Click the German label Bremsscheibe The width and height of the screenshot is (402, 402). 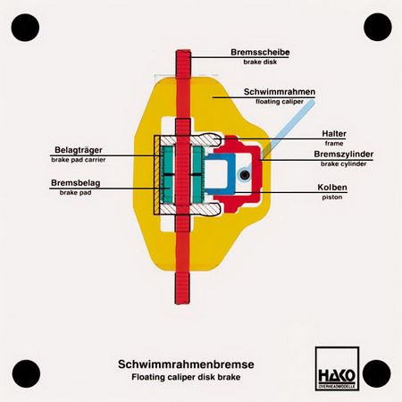(x=260, y=52)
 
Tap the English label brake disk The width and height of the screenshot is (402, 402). (x=260, y=62)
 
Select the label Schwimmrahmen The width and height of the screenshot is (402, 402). (x=280, y=92)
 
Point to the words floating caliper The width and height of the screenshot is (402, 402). (x=280, y=102)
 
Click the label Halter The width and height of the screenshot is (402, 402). (x=334, y=134)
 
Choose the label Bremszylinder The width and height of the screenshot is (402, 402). (x=344, y=155)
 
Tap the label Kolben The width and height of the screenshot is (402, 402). (x=332, y=188)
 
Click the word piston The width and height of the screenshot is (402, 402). (x=332, y=197)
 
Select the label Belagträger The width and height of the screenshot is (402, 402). (x=79, y=150)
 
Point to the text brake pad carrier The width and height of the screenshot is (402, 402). (x=79, y=160)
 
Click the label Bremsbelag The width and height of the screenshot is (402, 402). (x=75, y=182)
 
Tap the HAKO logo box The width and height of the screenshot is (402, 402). (x=337, y=368)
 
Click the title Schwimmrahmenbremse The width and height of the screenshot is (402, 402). (x=186, y=364)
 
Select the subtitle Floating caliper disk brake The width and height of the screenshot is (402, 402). (x=186, y=377)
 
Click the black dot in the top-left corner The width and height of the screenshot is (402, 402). (x=25, y=28)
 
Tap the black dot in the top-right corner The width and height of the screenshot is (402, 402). (x=378, y=27)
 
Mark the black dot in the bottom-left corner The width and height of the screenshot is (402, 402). (x=26, y=373)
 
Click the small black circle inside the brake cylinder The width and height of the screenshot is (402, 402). (x=245, y=175)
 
